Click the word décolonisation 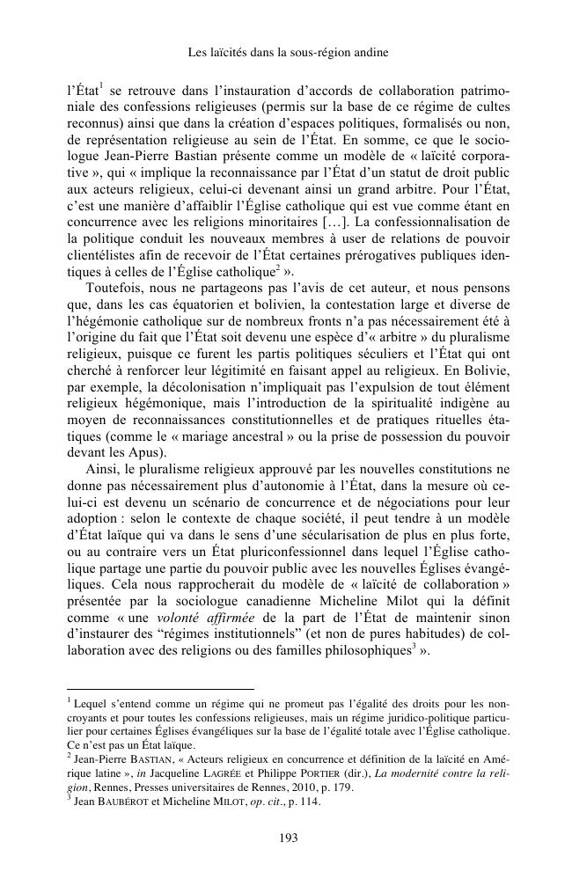point(182,386)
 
